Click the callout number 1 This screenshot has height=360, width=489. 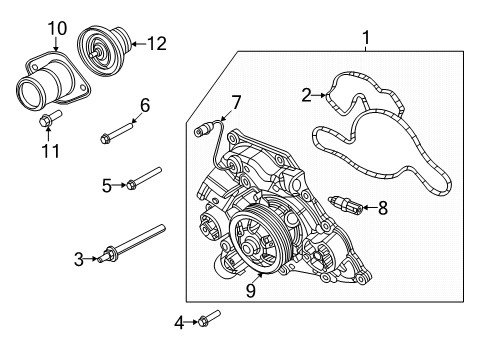(x=366, y=39)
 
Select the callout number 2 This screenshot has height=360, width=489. (x=307, y=95)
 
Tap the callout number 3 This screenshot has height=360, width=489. (x=78, y=259)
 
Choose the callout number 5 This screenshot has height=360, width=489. (x=106, y=184)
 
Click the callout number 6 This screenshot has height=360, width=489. (x=144, y=104)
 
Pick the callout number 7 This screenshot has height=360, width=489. (x=236, y=102)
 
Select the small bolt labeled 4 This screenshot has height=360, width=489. (x=208, y=318)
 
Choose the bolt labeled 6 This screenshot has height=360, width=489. (x=119, y=132)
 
